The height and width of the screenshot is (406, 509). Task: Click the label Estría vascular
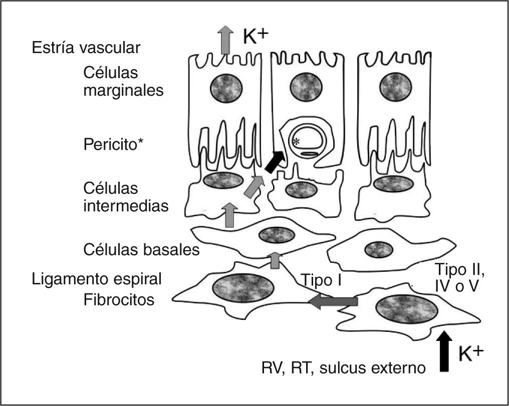pos(86,48)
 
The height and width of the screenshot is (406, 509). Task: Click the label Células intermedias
pos(126,197)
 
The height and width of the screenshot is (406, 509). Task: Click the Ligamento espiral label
pos(96,279)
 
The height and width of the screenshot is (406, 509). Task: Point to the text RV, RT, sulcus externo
pos(344,368)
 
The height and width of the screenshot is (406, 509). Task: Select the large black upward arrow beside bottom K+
pos(444,351)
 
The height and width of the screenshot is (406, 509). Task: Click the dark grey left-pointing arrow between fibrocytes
pos(333,301)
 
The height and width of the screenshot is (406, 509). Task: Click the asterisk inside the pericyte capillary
pos(297,142)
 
